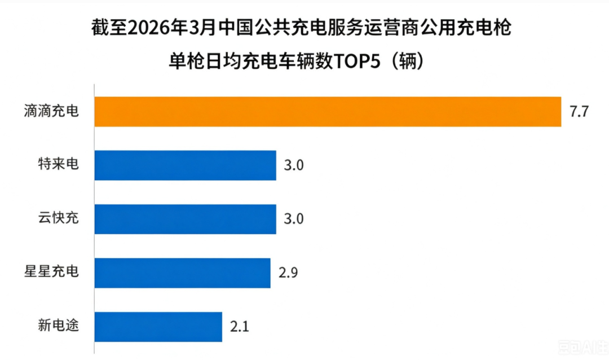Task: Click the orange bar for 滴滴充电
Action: [328, 112]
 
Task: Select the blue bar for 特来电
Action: [186, 165]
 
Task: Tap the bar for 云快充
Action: [186, 219]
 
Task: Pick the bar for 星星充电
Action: [182, 273]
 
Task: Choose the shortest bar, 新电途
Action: [158, 327]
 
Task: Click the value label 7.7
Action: [579, 112]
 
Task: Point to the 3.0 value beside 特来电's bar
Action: [294, 165]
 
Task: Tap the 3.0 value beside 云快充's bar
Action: [294, 219]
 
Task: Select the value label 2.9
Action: [288, 273]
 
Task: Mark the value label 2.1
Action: [240, 327]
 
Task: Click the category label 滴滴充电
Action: [51, 111]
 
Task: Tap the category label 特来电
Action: [58, 164]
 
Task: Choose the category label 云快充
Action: [58, 218]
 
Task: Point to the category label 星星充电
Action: [51, 271]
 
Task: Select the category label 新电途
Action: [58, 325]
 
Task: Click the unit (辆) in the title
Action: [407, 61]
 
